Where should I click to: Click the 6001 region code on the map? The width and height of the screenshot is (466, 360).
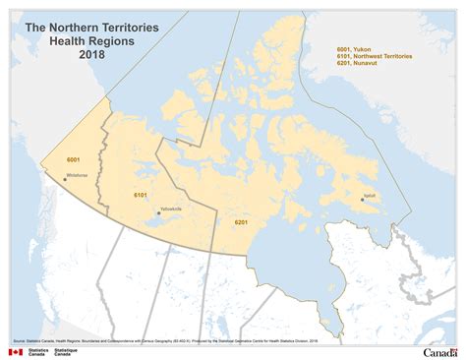(x=73, y=158)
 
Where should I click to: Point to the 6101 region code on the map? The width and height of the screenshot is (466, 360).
(x=141, y=196)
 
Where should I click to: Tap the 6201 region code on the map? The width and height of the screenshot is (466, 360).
(x=241, y=222)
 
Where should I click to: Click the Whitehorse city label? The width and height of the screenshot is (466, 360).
(x=77, y=175)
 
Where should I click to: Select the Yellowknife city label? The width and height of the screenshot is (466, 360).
(x=170, y=209)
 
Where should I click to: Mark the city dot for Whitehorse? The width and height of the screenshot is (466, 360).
(x=65, y=179)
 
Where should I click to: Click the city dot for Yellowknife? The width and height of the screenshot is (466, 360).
(x=158, y=212)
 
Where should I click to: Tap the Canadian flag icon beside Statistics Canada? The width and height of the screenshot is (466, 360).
(x=15, y=351)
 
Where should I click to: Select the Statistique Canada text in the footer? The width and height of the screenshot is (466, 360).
(x=67, y=351)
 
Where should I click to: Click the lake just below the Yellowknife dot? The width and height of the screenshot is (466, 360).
(x=157, y=223)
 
